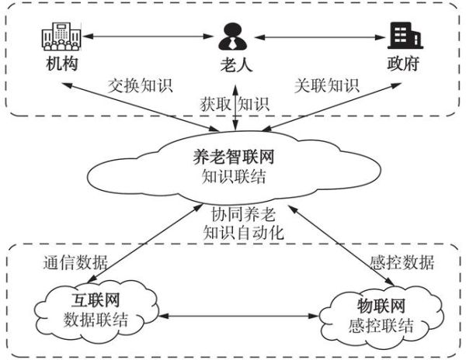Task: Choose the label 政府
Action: pos(402,64)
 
